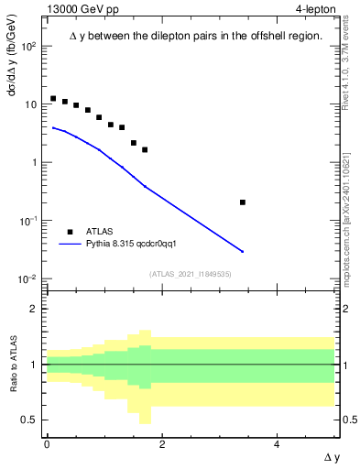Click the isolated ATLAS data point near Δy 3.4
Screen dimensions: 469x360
click(243, 202)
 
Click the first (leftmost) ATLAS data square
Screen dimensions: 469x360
click(53, 98)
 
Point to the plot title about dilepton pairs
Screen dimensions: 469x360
click(195, 36)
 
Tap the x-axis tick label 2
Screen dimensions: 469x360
click(162, 444)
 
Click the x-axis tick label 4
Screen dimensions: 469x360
click(278, 444)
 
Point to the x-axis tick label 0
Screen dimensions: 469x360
click(47, 444)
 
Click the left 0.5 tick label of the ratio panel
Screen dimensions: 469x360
click(29, 420)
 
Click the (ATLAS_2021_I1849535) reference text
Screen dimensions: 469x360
click(190, 274)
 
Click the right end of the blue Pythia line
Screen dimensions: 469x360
click(243, 251)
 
